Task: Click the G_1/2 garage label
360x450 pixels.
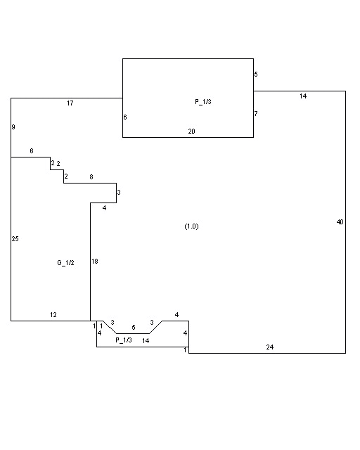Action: (65, 263)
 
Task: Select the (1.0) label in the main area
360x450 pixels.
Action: (191, 226)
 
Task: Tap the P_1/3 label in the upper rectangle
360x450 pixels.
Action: (203, 101)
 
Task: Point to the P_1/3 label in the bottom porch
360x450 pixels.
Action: (124, 340)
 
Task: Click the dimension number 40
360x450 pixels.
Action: (340, 222)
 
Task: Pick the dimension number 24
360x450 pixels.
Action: (270, 347)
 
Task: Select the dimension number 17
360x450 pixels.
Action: (70, 103)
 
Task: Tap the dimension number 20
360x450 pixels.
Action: (191, 131)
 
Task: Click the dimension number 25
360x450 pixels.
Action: (15, 238)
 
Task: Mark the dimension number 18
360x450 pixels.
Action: (95, 261)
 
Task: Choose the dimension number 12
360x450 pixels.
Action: (53, 315)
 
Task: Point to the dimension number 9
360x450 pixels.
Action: (13, 127)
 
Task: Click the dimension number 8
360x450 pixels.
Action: (91, 176)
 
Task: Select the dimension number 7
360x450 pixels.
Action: (256, 113)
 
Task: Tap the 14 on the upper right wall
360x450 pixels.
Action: (303, 96)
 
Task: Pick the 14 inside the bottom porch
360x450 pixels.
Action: (146, 340)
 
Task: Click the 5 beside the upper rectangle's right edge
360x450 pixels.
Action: (256, 74)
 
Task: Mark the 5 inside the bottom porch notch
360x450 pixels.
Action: (134, 327)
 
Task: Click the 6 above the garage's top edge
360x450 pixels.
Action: (32, 150)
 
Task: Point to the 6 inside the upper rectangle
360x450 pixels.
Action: (125, 117)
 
